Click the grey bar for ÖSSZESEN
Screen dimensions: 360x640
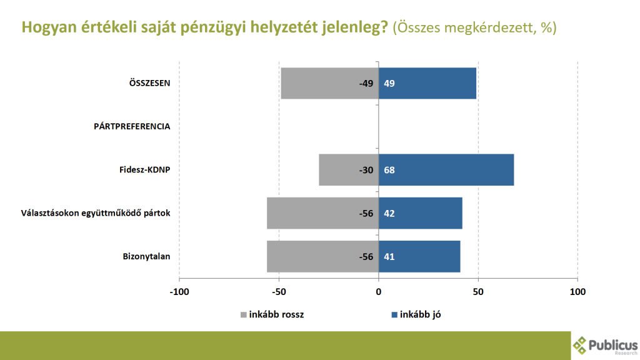[329, 83]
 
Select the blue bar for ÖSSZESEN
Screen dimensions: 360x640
[427, 83]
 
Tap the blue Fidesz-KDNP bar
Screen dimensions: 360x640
[446, 170]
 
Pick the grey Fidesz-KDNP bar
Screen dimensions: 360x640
[349, 170]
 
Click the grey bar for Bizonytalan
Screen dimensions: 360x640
[322, 256]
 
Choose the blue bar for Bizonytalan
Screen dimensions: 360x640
[419, 256]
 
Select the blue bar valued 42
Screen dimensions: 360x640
[421, 213]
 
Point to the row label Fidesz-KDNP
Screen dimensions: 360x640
[145, 170]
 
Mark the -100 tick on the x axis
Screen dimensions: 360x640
[179, 292]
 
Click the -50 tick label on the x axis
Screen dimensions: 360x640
[279, 292]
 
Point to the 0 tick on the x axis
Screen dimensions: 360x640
[379, 292]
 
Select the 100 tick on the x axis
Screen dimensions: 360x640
[577, 292]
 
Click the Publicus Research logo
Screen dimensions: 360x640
[604, 344]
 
